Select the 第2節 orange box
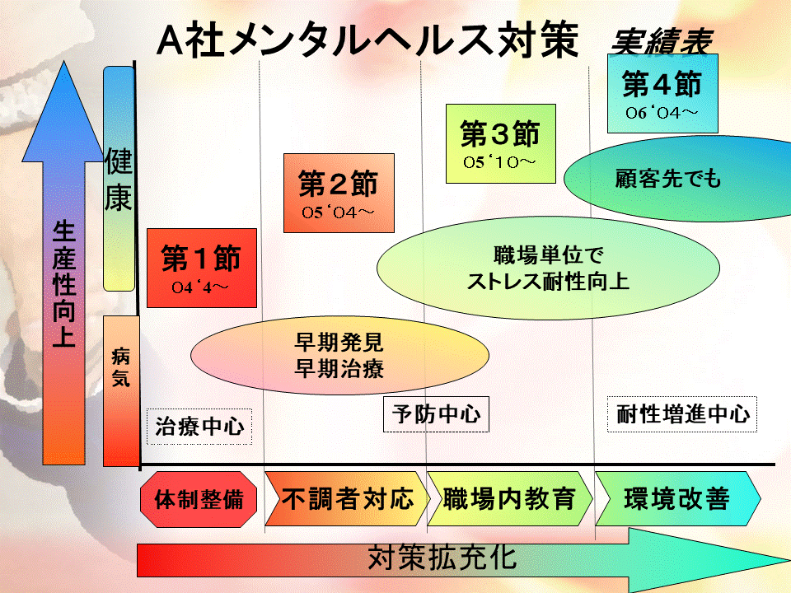point(338,192)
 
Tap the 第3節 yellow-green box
point(498,143)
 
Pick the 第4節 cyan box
point(662,92)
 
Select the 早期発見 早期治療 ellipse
point(338,355)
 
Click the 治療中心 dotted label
point(199,427)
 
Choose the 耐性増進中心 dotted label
point(683,414)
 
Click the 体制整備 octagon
point(199,499)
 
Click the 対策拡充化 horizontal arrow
point(445,559)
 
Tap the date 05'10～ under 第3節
point(498,162)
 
